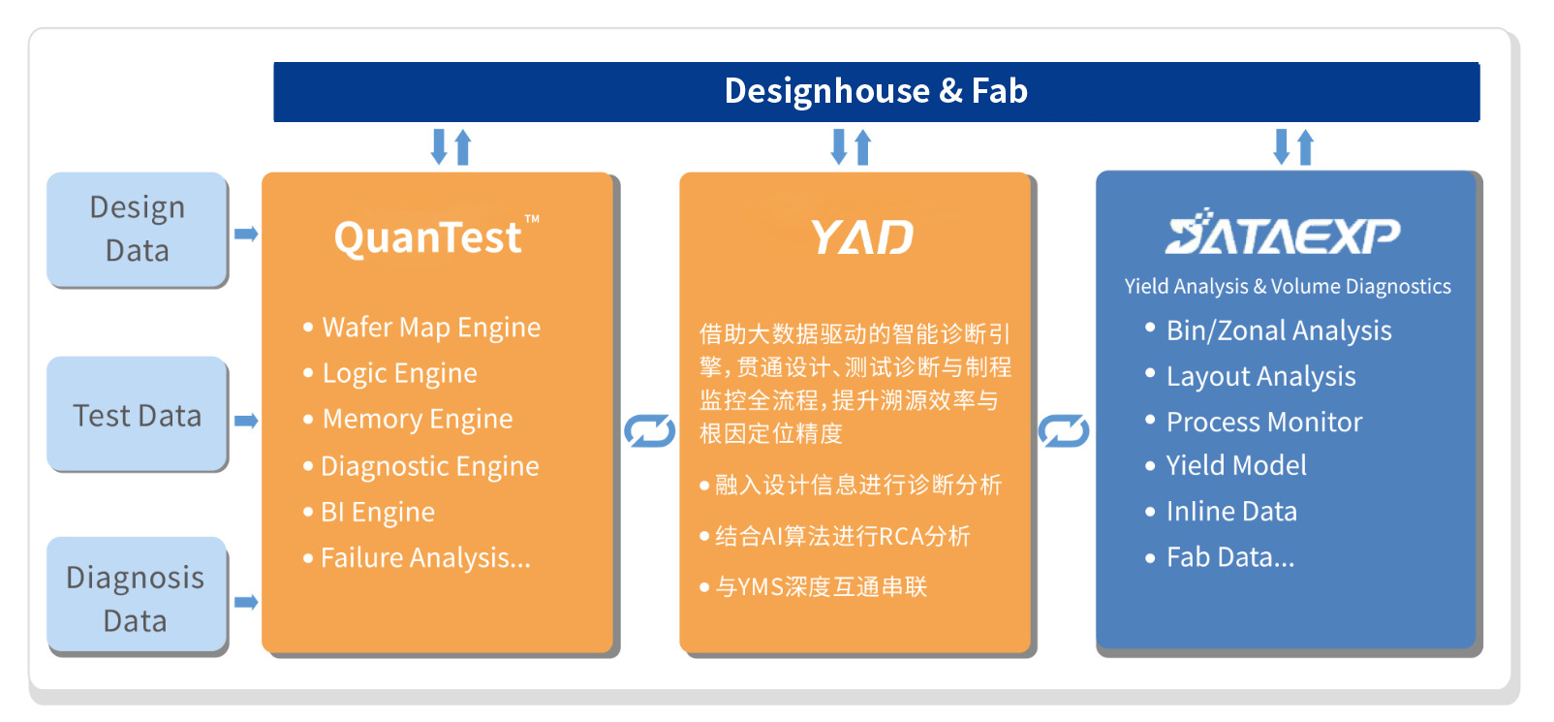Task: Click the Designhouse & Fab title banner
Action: point(876,91)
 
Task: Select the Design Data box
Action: point(138,230)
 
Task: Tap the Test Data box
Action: point(138,415)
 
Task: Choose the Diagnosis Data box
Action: point(137,598)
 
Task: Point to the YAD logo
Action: point(861,237)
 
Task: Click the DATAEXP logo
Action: point(1283,234)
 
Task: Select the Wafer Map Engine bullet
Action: point(430,328)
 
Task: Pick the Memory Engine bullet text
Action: point(417,420)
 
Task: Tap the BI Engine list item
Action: point(377,512)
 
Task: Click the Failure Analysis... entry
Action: point(424,558)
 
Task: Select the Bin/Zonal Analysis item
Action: point(1278,330)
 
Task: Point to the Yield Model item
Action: point(1235,466)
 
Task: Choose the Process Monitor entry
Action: point(1263,423)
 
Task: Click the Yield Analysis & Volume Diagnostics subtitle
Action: point(1287,287)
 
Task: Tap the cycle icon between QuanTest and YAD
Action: point(649,430)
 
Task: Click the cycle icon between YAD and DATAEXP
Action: point(1064,430)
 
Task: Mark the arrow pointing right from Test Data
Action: point(246,421)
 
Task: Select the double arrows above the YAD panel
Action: point(852,147)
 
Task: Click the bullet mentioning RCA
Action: point(841,536)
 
